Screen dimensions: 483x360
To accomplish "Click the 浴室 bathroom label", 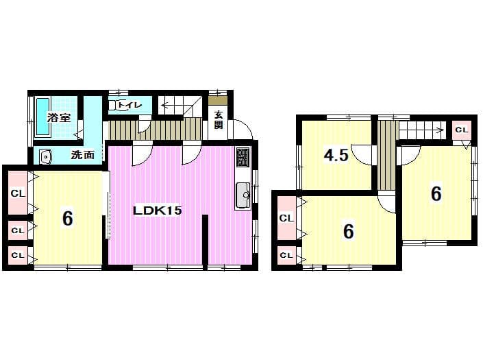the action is [59, 117].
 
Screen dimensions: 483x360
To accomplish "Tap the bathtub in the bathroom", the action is [42, 117].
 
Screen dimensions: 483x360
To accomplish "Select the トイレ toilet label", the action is [129, 105].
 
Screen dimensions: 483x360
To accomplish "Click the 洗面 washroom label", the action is [82, 155].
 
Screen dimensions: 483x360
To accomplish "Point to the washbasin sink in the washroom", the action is [46, 157].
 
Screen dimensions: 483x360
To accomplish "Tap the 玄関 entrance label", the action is [219, 120].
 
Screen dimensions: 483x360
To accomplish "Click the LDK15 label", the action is [158, 211].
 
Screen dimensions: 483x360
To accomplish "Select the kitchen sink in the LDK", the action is [243, 196].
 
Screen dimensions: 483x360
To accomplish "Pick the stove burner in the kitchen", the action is [243, 157].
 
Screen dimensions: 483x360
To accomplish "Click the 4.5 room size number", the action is [336, 155].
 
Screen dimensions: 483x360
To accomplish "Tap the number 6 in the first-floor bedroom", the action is [67, 219].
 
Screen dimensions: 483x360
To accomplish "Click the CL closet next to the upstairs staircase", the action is [462, 130].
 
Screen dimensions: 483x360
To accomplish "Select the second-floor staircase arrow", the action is [422, 130].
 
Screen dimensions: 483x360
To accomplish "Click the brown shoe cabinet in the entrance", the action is [218, 100].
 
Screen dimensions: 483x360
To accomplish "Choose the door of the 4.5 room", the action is [362, 155].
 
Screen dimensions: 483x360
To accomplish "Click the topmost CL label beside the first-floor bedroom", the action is [18, 194].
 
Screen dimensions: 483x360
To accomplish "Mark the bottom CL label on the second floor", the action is [286, 256].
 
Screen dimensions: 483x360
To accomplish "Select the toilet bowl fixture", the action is [114, 105].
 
